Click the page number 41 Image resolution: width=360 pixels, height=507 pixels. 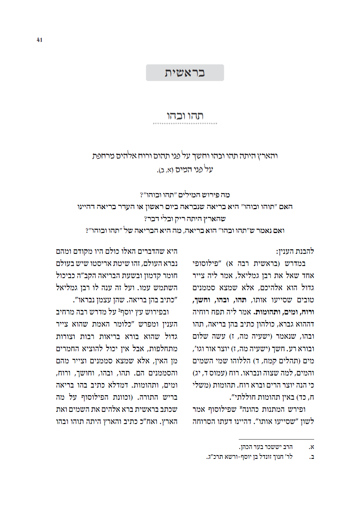click(x=39, y=40)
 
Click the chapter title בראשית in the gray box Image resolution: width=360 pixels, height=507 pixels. click(x=185, y=73)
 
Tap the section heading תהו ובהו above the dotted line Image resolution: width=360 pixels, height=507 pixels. click(x=185, y=116)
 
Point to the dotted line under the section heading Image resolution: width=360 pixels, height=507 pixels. click(x=185, y=124)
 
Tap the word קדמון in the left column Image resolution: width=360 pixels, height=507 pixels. click(x=153, y=275)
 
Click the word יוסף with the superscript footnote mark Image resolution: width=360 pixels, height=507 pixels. click(x=129, y=312)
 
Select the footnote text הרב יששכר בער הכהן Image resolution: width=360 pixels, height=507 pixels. click(x=266, y=447)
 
